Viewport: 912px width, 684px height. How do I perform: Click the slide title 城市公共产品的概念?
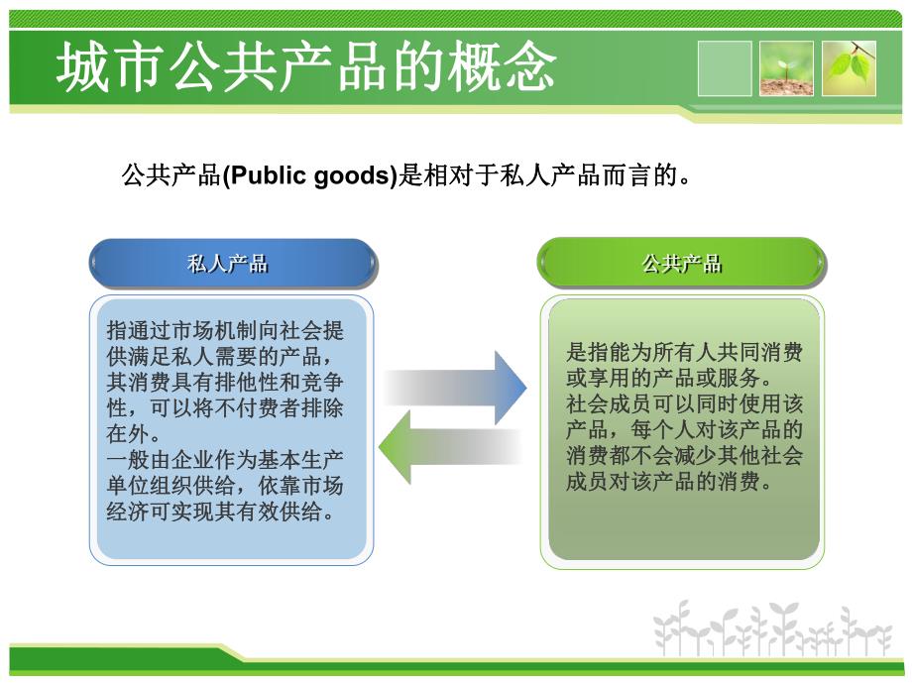tap(305, 67)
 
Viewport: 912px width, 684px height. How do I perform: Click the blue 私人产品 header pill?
tap(233, 264)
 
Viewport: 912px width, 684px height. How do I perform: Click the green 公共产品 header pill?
tap(682, 264)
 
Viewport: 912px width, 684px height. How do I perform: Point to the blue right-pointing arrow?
tap(456, 387)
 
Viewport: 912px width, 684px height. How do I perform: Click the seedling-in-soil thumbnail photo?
tap(786, 68)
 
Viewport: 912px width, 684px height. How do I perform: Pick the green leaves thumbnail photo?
tap(849, 68)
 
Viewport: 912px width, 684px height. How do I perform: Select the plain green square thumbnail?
tap(725, 68)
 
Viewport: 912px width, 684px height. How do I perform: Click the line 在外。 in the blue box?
tap(134, 434)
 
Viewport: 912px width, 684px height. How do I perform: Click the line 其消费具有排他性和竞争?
tap(225, 383)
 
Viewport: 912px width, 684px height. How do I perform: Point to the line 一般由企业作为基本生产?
tap(225, 460)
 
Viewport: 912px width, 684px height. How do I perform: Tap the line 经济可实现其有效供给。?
tap(219, 512)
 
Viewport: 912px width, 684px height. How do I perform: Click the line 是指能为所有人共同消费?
tap(684, 353)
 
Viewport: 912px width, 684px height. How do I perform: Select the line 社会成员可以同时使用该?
tap(684, 404)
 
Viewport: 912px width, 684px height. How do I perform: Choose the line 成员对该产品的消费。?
tap(668, 482)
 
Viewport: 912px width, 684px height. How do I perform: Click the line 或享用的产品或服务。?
tap(668, 379)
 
